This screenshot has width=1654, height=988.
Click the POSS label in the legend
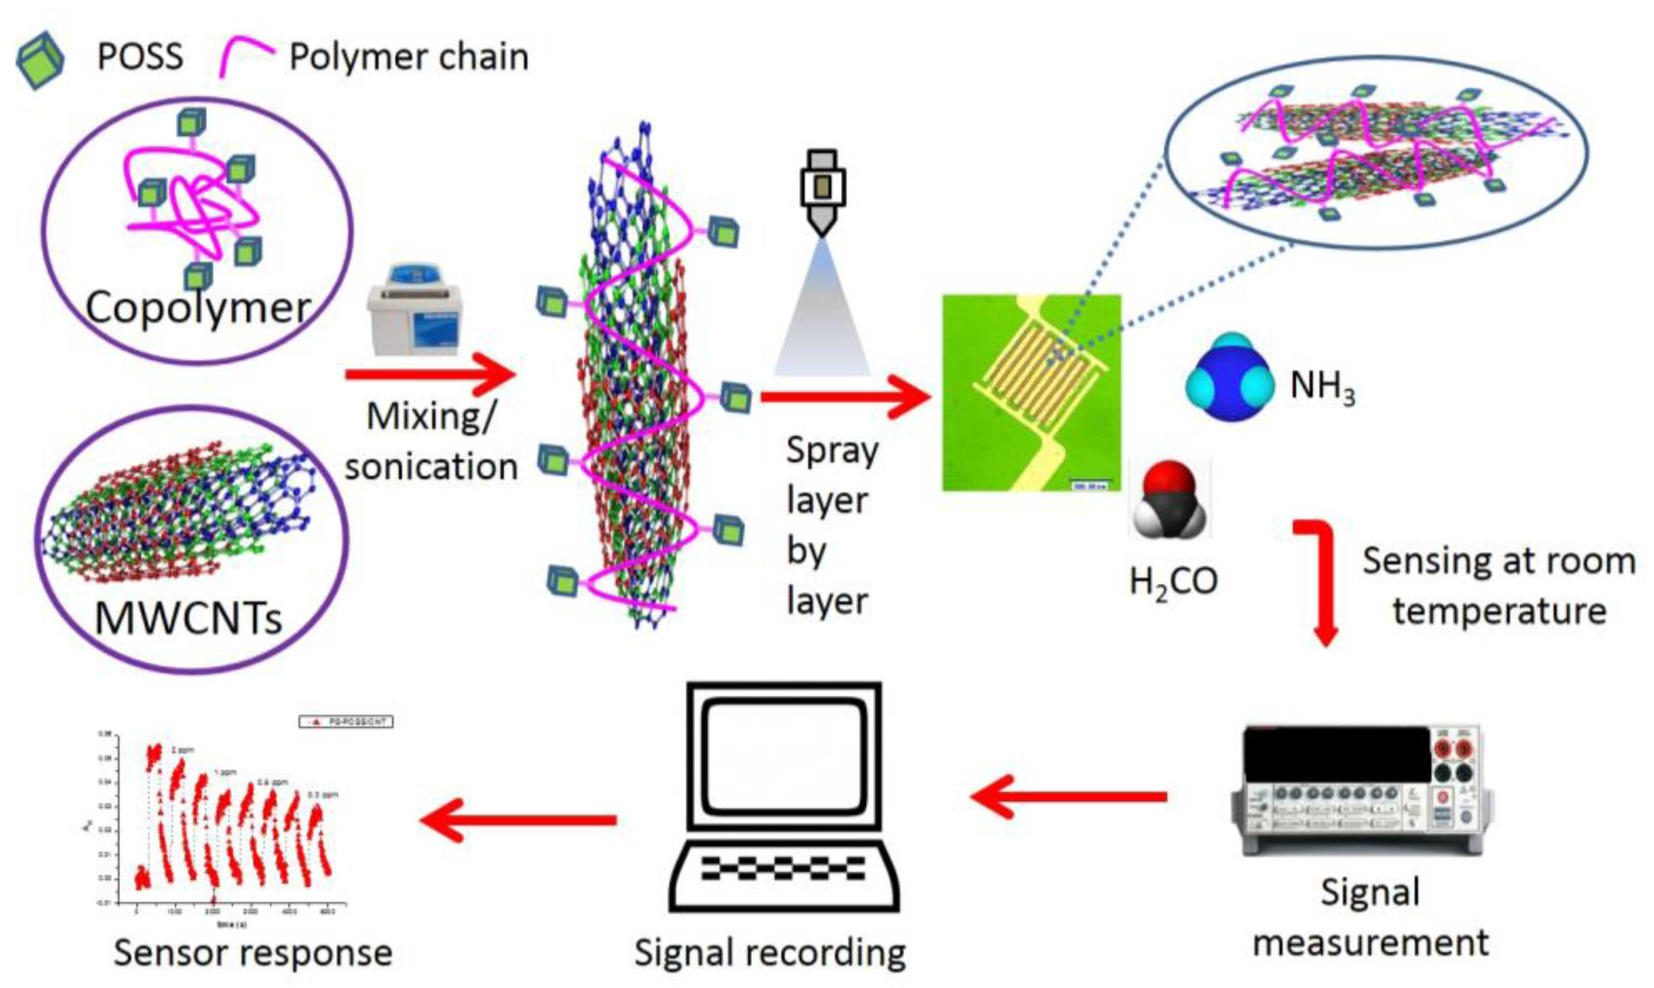[x=140, y=57]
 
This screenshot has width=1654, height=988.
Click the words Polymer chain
[x=408, y=57]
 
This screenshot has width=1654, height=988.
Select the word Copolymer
[x=198, y=308]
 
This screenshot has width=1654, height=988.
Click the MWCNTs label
[x=189, y=618]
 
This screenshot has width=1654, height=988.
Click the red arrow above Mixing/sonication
[x=430, y=374]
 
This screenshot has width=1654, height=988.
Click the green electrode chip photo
[x=1031, y=393]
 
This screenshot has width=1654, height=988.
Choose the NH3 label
[x=1322, y=386]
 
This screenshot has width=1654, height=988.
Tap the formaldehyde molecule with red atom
[x=1170, y=500]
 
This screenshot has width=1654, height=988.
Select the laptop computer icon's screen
[x=786, y=755]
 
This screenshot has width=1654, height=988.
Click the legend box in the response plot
[x=346, y=722]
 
